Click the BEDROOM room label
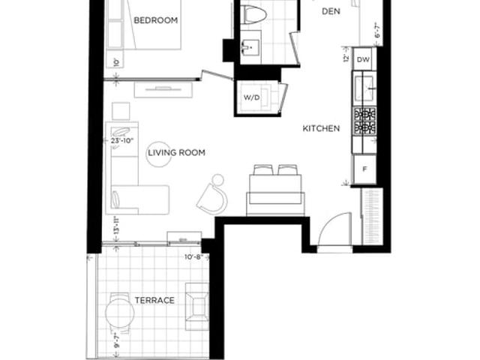155,20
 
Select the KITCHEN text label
321,128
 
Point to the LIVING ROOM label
176,153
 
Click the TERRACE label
154,300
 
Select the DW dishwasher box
364,59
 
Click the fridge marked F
364,169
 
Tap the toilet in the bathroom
253,13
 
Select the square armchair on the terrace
198,305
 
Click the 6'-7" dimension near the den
378,31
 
